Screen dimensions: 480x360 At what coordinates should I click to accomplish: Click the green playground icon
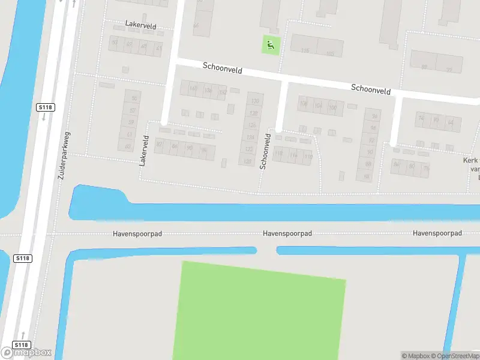(x=271, y=44)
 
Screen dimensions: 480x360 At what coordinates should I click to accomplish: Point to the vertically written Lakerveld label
(x=144, y=150)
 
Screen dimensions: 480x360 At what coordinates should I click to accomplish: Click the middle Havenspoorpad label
(x=287, y=233)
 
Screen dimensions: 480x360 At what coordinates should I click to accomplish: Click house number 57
(x=132, y=111)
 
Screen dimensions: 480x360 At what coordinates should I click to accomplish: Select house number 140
(x=193, y=89)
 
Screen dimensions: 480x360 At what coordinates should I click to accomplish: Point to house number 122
(x=249, y=149)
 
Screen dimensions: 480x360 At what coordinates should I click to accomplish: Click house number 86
(x=175, y=146)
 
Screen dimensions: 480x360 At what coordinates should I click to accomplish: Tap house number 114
(x=293, y=156)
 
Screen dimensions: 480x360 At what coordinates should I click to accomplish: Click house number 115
(x=305, y=50)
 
